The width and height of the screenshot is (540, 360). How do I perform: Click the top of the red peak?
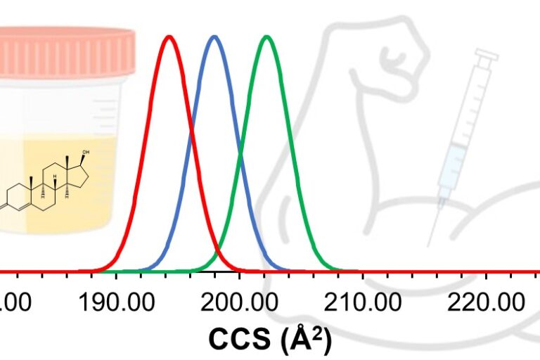[x=169, y=36]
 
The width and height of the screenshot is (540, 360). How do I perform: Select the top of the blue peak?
[x=214, y=36]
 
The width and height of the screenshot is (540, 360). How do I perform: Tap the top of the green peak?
[x=266, y=36]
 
